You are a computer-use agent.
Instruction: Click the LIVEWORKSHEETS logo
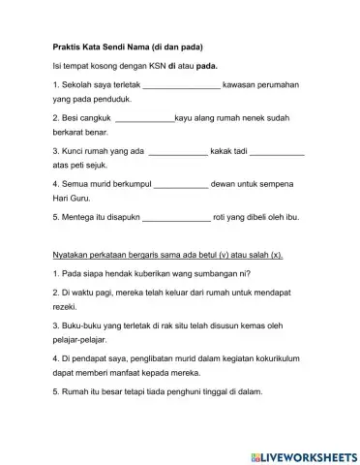coord(302,452)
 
